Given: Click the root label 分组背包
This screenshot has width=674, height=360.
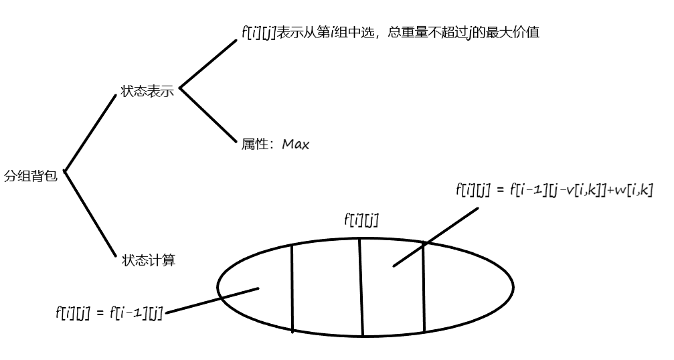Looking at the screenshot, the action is coord(31,176).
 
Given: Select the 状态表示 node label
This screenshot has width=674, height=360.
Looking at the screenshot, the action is coord(147,91).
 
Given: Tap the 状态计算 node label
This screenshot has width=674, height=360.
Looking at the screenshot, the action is coord(149,260).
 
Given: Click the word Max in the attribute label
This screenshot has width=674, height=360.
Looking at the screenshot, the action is coord(295,144).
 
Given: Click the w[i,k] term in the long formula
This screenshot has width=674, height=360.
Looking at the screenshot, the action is coord(632,190).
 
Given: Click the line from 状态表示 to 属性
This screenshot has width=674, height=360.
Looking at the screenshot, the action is coord(208,114).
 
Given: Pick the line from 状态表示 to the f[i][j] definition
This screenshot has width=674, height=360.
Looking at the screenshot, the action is coord(208,65).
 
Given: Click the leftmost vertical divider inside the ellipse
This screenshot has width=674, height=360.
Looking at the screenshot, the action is coord(292,288).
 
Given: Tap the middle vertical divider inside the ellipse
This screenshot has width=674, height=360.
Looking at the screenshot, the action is coord(361,288).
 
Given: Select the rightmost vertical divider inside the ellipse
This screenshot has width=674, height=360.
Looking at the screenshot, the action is coord(424,288).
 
